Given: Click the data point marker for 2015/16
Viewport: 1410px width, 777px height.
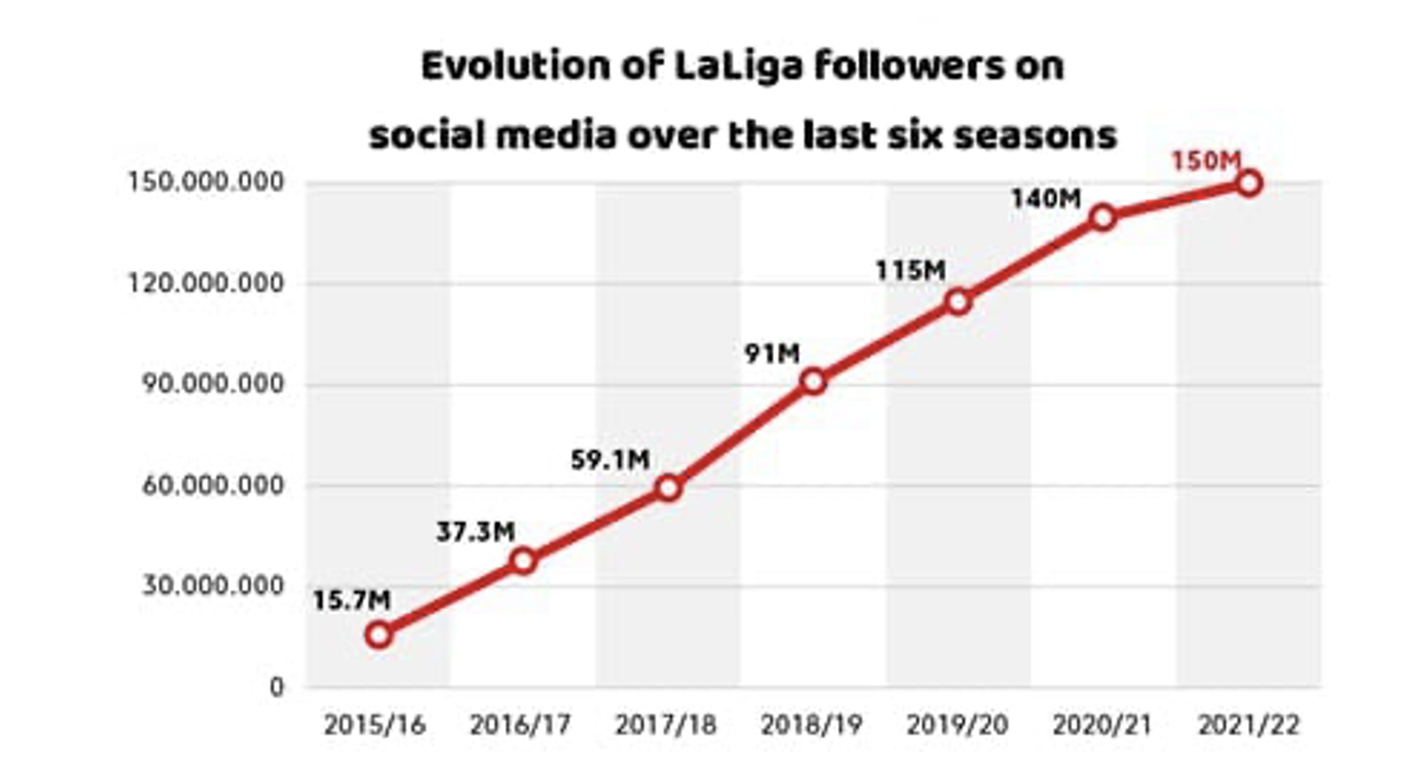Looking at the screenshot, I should point(379,635).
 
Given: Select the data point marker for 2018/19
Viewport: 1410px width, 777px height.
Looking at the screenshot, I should point(813,382).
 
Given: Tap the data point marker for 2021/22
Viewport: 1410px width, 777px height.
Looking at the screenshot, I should point(1248,183).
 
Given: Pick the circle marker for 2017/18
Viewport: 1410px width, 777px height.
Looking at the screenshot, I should point(669,488).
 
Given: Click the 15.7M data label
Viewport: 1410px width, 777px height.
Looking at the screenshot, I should point(351,600).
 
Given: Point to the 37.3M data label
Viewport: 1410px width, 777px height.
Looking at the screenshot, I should point(475,532).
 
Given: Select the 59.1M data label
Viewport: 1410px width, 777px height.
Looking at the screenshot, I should point(610,460).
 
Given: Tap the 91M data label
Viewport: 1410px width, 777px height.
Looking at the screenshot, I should point(771,354).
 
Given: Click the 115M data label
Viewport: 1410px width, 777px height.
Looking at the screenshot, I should point(910,271).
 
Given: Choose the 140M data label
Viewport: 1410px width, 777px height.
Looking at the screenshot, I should point(1046,199).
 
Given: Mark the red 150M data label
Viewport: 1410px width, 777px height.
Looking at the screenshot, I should point(1206,161).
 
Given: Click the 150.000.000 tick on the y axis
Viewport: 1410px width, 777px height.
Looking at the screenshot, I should point(206,182).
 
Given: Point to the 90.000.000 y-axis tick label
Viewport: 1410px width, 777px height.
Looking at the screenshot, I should point(213,384).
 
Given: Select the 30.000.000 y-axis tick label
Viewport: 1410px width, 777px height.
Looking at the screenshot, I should point(213,586).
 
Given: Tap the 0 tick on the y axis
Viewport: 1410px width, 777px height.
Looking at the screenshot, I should point(277,687).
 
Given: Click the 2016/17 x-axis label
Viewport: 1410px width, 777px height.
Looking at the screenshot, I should point(520,726).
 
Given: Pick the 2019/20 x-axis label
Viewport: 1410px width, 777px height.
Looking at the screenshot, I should point(957,726).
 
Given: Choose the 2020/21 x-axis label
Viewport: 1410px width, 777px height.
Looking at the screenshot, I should point(1102,726).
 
